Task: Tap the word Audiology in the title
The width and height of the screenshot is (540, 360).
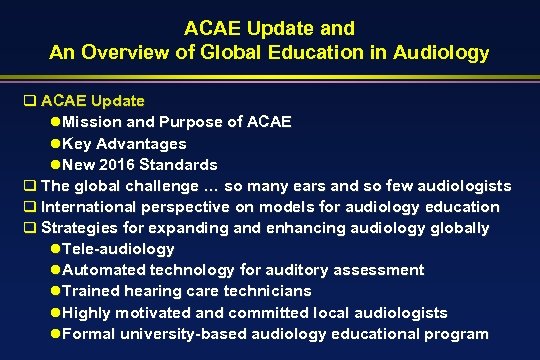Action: (x=443, y=51)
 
